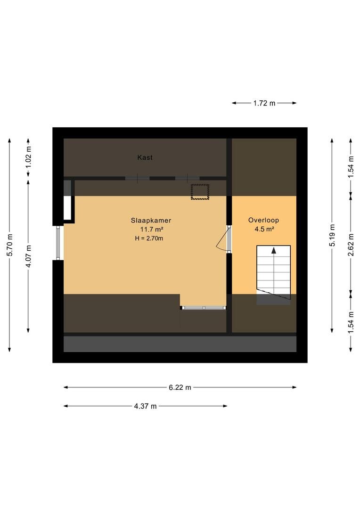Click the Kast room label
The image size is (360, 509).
tap(145, 157)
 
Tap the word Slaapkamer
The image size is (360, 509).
tap(151, 221)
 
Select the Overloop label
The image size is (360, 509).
tap(263, 220)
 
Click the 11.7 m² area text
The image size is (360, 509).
tap(152, 230)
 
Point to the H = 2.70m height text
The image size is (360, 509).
tap(149, 238)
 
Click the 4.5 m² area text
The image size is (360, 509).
tap(264, 229)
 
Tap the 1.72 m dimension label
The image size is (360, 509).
tap(264, 103)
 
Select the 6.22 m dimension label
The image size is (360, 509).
tap(180, 387)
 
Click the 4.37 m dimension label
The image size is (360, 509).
tap(146, 406)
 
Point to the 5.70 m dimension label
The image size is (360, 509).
tap(10, 245)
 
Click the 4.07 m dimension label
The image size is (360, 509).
tap(29, 256)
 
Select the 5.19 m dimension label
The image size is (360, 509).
tap(332, 235)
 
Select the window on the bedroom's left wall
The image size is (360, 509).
tap(58, 243)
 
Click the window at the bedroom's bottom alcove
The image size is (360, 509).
tap(204, 307)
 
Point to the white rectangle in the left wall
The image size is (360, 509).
tap(67, 208)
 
